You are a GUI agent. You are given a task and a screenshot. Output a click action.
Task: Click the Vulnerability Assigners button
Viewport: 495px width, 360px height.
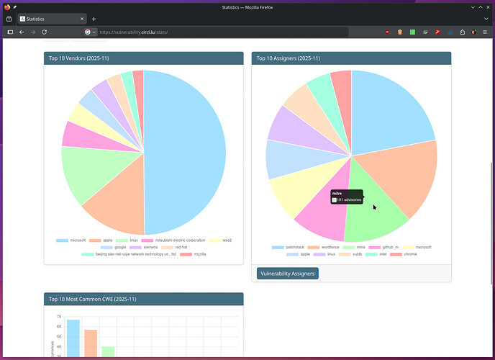click(x=287, y=274)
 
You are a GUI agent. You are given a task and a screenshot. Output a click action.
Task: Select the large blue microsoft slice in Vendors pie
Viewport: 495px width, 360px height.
click(x=187, y=151)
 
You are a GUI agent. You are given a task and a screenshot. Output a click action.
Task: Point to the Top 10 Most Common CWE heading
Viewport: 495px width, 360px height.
click(x=92, y=299)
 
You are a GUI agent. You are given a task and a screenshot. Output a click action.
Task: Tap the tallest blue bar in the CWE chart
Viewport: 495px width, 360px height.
click(x=73, y=338)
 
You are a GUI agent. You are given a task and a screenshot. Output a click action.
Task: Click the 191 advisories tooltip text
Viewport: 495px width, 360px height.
click(x=349, y=199)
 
